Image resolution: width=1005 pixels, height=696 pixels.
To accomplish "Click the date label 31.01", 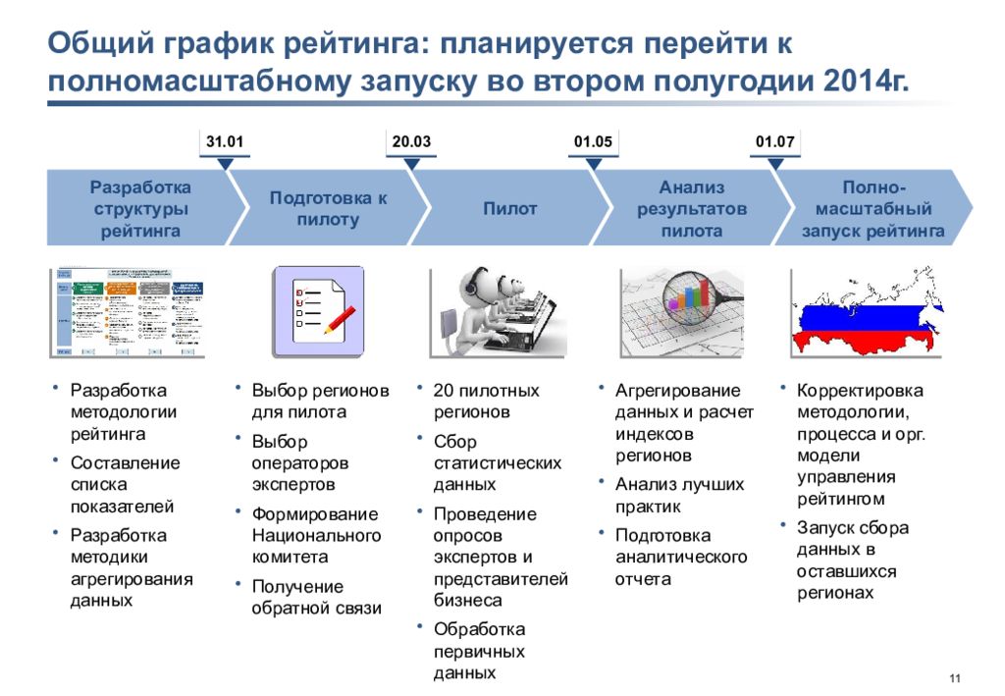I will tap(224, 142).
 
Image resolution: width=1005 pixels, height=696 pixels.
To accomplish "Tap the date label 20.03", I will tap(411, 142).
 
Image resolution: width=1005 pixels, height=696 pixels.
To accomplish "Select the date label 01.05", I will tap(593, 142).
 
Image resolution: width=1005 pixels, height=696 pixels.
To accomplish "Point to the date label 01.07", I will tap(774, 142).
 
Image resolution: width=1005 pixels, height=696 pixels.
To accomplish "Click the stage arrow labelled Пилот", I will tap(509, 208).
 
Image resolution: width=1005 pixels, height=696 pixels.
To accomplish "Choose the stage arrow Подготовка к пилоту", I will tap(328, 208).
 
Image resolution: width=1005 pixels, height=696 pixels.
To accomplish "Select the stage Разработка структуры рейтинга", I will tap(139, 208).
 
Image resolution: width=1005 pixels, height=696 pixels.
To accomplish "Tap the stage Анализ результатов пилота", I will tap(691, 208).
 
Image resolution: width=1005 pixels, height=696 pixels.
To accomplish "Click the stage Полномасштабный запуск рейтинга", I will tap(873, 208).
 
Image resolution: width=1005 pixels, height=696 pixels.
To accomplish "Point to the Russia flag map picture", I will tap(865, 310).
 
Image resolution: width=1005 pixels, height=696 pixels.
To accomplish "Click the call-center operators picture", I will tap(499, 310).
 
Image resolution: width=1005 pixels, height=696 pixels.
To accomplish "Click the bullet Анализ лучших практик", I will tap(679, 495).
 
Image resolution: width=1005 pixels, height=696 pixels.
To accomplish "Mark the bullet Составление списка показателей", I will tap(125, 484).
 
